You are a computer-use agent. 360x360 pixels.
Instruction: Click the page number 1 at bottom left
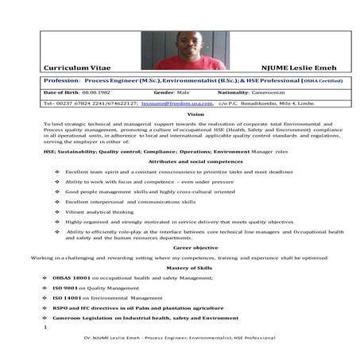coord(45,327)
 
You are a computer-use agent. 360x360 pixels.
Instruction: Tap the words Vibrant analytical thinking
coord(99,211)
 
